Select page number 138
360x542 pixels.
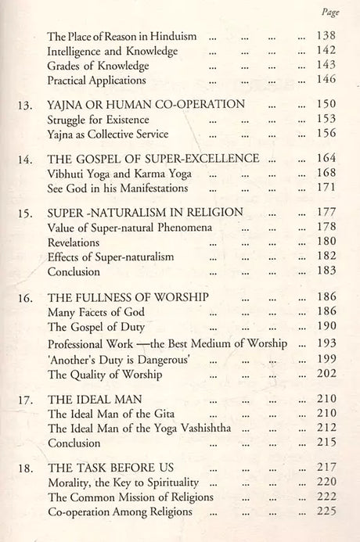click(322, 36)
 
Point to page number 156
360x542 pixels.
click(322, 134)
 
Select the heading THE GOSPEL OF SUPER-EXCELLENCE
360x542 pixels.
click(153, 158)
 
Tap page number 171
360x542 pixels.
click(322, 188)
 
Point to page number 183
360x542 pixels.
click(322, 272)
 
